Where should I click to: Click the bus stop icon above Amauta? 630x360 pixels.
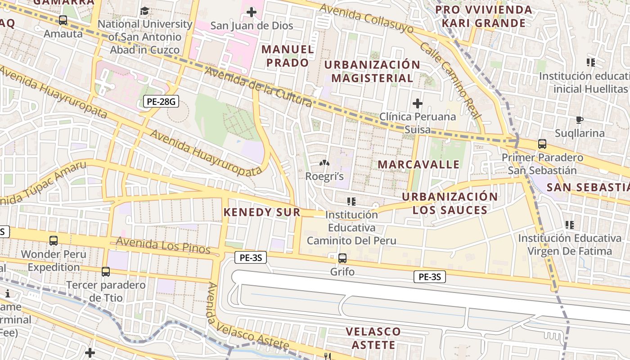click(63, 20)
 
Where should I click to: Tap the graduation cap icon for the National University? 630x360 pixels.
click(145, 11)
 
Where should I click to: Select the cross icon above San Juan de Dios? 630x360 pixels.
click(252, 12)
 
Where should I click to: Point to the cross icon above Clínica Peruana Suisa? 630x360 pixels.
click(418, 104)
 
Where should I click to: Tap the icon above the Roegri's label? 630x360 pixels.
click(324, 163)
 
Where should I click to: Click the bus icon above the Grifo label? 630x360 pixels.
click(342, 258)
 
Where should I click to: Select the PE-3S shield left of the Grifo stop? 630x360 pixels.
click(251, 258)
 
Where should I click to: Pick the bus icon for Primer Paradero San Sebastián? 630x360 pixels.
click(542, 144)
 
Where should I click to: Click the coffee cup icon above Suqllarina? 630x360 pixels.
click(580, 120)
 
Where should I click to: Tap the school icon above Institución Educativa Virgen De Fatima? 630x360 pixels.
click(570, 225)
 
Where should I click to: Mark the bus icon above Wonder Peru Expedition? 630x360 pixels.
click(54, 241)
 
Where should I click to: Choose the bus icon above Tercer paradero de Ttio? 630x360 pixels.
click(106, 272)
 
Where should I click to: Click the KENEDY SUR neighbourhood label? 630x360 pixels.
click(262, 212)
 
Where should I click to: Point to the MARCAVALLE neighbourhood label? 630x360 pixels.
click(418, 164)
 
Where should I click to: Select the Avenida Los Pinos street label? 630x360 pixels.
click(163, 245)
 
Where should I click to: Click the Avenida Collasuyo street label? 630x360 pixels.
click(366, 19)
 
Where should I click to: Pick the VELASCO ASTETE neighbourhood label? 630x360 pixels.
click(373, 338)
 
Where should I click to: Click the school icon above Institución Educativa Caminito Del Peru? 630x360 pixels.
click(351, 201)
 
